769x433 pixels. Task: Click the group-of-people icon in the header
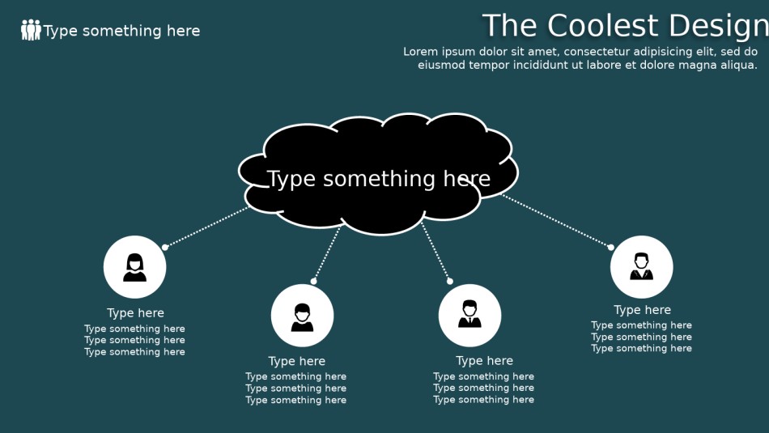coord(31,30)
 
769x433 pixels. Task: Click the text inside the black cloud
coord(379,179)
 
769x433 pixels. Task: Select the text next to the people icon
coord(121,31)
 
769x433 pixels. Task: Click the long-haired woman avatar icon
coord(135,267)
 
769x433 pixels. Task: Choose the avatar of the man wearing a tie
coord(469,314)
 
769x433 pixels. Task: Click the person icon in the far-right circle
coord(641,266)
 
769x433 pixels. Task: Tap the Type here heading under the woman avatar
coord(135,313)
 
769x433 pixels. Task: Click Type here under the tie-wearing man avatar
coord(485,361)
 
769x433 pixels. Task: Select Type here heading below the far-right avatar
coord(643,310)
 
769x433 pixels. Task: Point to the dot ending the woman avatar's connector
coord(165,247)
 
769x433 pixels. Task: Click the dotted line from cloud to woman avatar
coord(207,227)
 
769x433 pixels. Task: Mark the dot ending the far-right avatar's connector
coord(611,247)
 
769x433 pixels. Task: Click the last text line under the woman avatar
coord(135,351)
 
